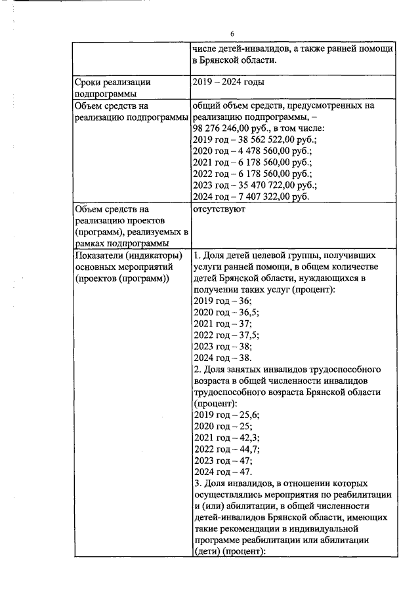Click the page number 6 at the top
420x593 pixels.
pos(232,33)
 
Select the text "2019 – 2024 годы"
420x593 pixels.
pos(230,83)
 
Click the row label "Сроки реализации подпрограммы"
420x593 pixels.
pos(113,88)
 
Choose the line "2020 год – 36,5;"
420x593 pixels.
pos(226,312)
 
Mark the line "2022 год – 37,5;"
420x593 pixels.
pos(226,335)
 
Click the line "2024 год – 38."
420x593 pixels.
pos(222,358)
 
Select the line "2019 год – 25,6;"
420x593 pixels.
pos(226,414)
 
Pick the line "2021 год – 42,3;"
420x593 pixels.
pos(226,437)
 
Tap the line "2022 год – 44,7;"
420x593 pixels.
pos(226,448)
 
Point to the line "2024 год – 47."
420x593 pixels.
pos(222,471)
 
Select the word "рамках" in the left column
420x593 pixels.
pos(91,244)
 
